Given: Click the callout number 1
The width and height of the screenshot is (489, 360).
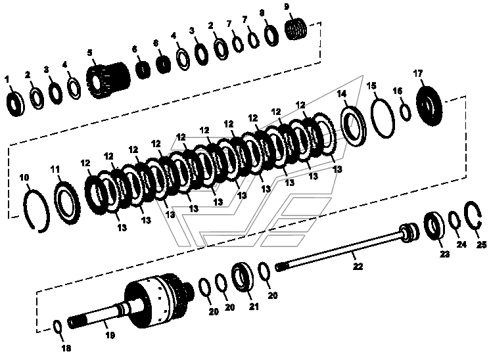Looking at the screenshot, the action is click(7, 80).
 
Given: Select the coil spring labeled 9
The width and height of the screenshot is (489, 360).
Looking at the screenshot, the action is click(296, 29).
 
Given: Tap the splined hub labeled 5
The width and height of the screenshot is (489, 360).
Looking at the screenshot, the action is click(108, 80).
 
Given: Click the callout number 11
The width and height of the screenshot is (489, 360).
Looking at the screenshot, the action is click(55, 170).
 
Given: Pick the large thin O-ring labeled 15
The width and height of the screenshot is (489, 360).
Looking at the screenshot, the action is click(383, 118).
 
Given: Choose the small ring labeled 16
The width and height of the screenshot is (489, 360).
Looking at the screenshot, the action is click(406, 112).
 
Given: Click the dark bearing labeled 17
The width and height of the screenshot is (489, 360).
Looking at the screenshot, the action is click(429, 106).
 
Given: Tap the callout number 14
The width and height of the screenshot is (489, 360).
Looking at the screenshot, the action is click(342, 93).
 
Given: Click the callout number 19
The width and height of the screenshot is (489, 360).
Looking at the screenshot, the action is click(110, 336).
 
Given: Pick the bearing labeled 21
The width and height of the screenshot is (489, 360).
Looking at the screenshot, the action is click(243, 277).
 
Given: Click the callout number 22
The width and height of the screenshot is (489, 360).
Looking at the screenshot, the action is click(358, 267).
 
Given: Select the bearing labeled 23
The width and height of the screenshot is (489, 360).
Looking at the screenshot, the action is click(434, 226).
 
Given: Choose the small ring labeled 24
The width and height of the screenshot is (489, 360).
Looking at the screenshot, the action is click(455, 221).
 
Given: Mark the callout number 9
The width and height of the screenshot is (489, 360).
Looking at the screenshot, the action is click(287, 7).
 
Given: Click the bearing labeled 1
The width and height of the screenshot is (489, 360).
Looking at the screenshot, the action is click(16, 104).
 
